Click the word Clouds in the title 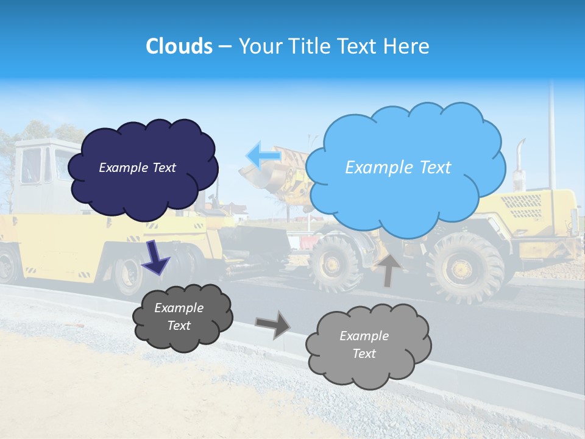coord(179,46)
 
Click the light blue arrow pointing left coord(263,156)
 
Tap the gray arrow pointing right coord(273,324)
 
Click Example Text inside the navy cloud coord(137,168)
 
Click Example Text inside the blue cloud coord(398,168)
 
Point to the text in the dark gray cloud coord(179,317)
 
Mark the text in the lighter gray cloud coord(364,344)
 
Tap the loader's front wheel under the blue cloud coord(336,263)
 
